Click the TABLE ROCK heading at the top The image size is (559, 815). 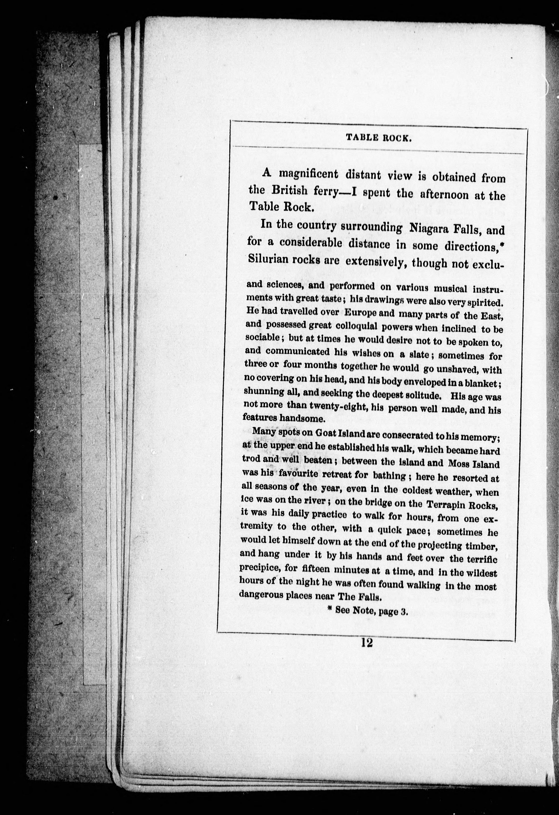point(379,138)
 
